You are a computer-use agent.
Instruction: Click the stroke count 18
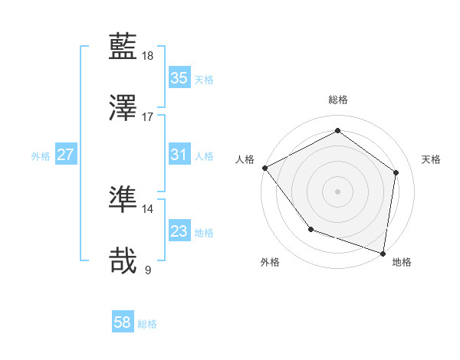148,56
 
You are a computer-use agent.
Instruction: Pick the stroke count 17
148,117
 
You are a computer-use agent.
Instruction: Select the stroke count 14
148,208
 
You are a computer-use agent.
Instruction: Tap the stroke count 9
148,270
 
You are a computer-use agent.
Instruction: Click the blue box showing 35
179,78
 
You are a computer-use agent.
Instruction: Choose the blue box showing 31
179,155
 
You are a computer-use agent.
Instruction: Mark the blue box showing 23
179,231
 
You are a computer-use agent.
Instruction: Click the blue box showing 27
65,155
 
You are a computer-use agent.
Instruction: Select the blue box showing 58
122,322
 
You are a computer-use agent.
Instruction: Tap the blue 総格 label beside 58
147,324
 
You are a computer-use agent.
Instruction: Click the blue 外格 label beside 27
41,156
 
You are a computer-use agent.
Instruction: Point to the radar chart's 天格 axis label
431,159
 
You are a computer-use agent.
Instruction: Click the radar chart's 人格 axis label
245,159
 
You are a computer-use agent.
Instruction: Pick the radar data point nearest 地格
383,253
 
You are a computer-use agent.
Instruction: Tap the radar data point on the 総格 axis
337,131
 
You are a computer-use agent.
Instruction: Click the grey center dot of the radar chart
337,191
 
